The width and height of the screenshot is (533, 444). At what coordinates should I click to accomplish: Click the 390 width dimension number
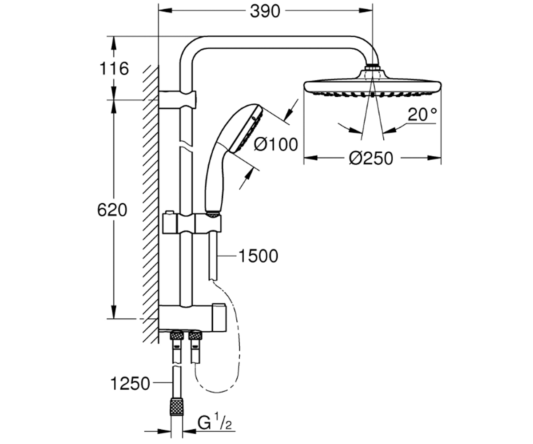pos(265,12)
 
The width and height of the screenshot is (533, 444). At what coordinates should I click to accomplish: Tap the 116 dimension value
pos(114,69)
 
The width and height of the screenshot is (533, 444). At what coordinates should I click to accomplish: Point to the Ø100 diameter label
pos(276,144)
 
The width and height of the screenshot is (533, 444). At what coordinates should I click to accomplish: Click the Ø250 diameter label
pos(371,159)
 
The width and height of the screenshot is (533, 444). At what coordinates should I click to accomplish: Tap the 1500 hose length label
pos(259,256)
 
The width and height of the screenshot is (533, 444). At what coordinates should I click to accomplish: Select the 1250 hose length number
pos(130,384)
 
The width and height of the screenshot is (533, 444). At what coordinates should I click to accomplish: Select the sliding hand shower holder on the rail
pos(192,223)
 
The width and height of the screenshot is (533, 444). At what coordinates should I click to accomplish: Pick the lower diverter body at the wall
pos(192,318)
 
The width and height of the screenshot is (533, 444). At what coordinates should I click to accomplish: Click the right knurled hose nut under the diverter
pos(195,335)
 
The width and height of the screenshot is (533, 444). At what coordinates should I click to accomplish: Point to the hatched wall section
pos(151,204)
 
